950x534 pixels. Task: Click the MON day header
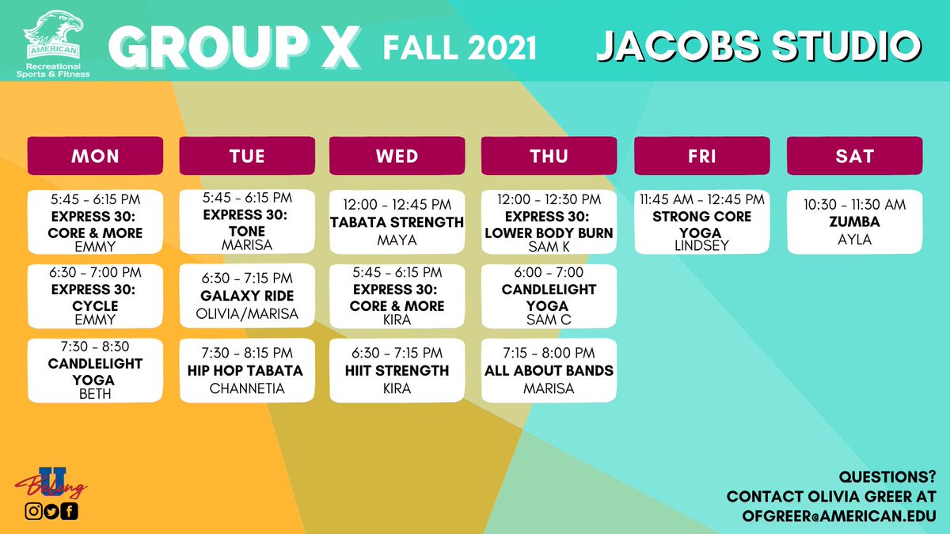95,156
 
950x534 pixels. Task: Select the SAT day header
854,156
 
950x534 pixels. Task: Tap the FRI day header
702,156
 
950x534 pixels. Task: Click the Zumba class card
854,222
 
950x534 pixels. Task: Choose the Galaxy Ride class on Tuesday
247,296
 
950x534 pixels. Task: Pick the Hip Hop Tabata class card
247,370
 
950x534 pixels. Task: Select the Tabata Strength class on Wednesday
397,222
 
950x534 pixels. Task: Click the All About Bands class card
549,370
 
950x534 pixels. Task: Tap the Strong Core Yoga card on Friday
702,222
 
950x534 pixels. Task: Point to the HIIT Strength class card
397,370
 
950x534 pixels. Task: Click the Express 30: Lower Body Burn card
549,222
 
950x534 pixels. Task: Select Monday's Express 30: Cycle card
95,296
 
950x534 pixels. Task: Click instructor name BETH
95,394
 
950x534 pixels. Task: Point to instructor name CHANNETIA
247,388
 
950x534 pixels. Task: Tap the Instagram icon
34,511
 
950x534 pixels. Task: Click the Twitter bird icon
51,511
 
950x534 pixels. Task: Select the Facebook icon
70,511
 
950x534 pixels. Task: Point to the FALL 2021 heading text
460,47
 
